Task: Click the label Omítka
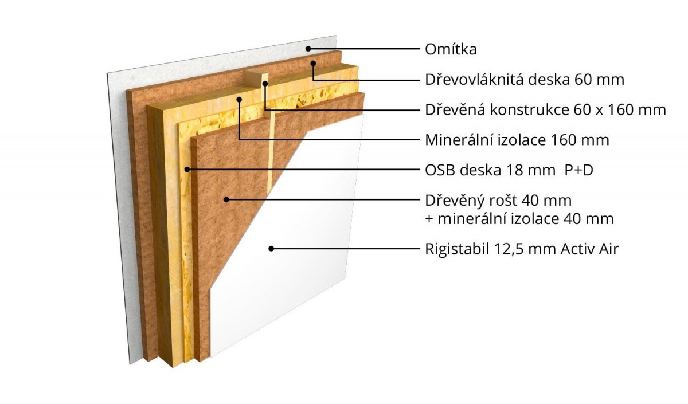(x=451, y=49)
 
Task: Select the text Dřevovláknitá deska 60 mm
(x=525, y=80)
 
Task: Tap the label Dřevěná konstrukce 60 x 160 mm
(x=545, y=110)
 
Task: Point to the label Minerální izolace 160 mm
(x=517, y=140)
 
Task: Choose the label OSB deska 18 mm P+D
(x=509, y=170)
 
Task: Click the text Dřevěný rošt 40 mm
(x=498, y=201)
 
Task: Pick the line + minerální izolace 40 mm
(x=519, y=219)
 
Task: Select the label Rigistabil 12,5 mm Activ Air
(x=522, y=249)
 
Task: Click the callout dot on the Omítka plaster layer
(x=308, y=49)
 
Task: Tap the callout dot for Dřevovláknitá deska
(x=313, y=64)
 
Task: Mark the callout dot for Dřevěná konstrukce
(x=265, y=83)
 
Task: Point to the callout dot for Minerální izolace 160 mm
(x=239, y=99)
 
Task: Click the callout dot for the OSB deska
(x=187, y=169)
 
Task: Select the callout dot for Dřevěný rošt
(x=226, y=199)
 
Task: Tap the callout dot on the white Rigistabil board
(x=271, y=249)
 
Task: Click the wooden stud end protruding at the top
(x=256, y=79)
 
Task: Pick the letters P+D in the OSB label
(x=578, y=170)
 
